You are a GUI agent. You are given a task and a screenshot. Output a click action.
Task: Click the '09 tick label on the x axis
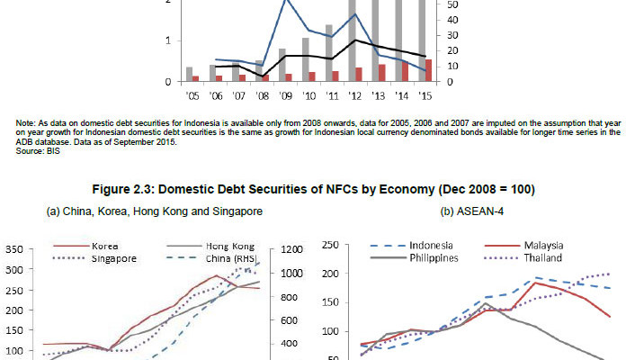click(x=286, y=94)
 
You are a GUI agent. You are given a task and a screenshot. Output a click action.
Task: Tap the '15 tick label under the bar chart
click(x=427, y=94)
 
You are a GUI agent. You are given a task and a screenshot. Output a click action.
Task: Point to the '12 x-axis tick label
click(x=357, y=94)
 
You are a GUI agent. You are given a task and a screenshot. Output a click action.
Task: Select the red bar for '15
click(x=428, y=70)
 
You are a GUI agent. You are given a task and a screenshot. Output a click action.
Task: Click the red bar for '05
click(x=195, y=78)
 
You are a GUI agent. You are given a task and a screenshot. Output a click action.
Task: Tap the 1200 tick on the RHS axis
click(x=292, y=250)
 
